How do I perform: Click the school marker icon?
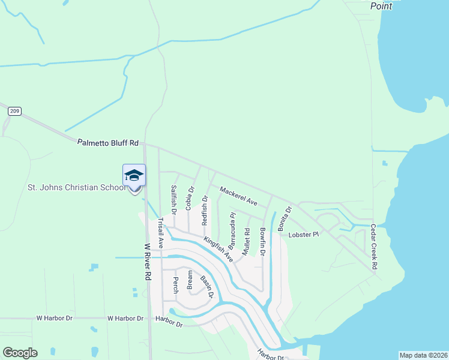point(134,176)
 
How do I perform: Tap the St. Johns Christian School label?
point(77,187)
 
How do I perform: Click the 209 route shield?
point(15,111)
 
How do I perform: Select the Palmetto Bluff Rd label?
point(108,143)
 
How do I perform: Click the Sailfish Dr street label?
point(173,200)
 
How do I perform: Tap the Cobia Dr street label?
point(190,198)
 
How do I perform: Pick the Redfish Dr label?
point(205,210)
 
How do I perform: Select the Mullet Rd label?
point(246,242)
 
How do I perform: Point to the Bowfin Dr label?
point(262,241)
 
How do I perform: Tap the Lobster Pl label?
point(303,234)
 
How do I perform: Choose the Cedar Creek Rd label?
point(373,246)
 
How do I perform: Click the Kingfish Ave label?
point(218,248)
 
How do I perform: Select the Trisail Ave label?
point(160,233)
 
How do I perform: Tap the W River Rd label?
point(147,262)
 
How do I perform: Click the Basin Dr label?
point(206,287)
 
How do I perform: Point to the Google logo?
point(20,353)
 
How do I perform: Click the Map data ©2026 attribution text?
point(423,355)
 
